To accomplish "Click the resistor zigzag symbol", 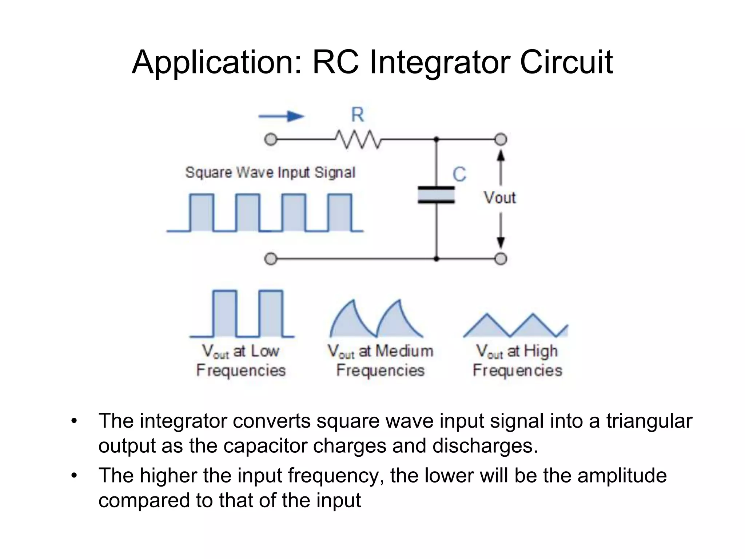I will coord(358,139).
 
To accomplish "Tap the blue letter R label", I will coord(357,115).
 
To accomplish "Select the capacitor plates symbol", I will coord(436,195).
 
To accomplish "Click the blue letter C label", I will coord(459,174).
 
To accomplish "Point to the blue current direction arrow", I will coord(281,116).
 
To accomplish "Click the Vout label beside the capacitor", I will coord(499,198).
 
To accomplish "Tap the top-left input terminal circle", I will coord(271,139).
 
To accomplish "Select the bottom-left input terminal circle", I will coord(271,259).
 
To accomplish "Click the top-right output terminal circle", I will coord(501,139).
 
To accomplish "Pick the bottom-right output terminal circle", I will coord(501,259).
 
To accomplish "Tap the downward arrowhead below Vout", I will coord(501,242).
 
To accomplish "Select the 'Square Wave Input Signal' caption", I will coord(270,173).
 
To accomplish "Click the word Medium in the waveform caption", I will coord(404,351).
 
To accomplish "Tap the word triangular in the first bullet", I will coord(649,421).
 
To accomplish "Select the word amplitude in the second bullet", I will coord(622,476).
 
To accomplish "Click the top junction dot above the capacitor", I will coord(437,139).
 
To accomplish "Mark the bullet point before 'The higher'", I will coord(75,476).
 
